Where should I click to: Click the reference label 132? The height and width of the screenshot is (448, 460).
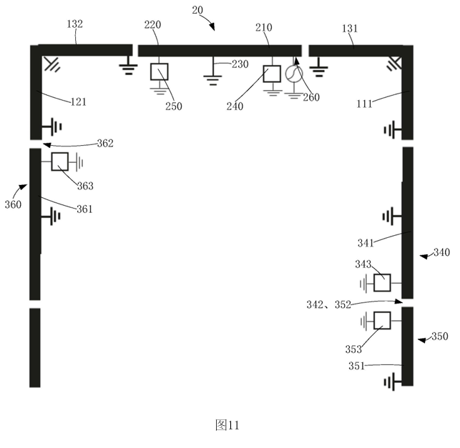point(74,24)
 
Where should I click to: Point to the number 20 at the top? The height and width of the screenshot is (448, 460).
point(197,9)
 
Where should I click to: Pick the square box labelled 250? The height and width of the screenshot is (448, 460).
point(159,71)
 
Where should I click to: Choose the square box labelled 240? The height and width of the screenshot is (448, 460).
point(273,74)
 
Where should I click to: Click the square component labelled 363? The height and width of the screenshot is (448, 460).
point(61,162)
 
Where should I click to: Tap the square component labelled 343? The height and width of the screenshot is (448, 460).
point(383,283)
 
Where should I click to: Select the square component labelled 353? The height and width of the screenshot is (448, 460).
point(383,320)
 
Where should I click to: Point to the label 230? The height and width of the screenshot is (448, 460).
point(240,65)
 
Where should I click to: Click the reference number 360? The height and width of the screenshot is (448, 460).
point(12,204)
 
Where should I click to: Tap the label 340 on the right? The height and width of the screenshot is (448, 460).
point(441,252)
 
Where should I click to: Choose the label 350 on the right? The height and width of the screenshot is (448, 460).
point(440,337)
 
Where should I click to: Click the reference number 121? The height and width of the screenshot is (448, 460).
point(79,102)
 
